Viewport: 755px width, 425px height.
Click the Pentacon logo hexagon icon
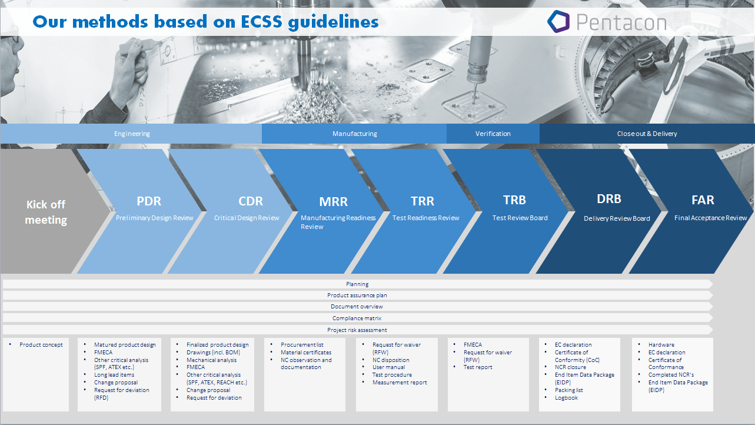coord(558,22)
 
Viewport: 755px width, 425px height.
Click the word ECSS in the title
coord(261,22)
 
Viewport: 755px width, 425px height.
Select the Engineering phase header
coord(132,134)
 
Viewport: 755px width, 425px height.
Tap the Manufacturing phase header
coord(355,134)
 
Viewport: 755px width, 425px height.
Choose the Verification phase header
coord(493,134)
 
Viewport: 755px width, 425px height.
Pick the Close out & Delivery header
coord(647,134)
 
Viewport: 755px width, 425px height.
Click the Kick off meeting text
coord(46,212)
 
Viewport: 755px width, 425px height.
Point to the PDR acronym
coord(149,201)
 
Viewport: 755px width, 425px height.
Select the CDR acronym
coord(251,201)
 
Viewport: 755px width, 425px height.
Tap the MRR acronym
coord(333,201)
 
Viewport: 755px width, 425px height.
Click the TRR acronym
coord(423,201)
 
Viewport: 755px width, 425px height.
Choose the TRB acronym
coord(514,200)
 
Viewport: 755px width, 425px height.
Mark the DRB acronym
coord(608,199)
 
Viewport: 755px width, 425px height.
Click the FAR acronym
coord(703,200)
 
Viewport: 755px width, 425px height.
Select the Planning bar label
coord(357,284)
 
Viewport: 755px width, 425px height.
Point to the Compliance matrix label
coord(357,318)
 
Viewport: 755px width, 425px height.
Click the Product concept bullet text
coord(41,345)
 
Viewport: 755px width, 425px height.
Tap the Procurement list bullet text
coord(302,345)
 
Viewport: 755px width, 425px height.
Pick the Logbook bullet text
coord(566,398)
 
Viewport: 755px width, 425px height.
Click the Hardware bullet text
coord(661,345)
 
